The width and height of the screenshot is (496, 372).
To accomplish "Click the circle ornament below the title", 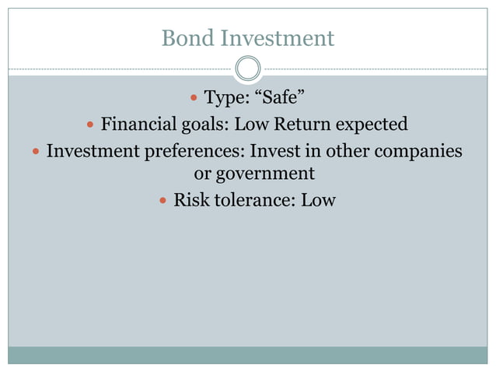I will click(x=247, y=69).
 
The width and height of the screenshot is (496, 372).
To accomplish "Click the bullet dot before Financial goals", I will click(x=90, y=125).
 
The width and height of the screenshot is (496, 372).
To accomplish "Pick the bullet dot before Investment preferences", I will click(x=36, y=150).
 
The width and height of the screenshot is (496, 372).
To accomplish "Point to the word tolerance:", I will click(x=254, y=201).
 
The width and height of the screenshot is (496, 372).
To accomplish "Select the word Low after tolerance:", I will click(x=319, y=201).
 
